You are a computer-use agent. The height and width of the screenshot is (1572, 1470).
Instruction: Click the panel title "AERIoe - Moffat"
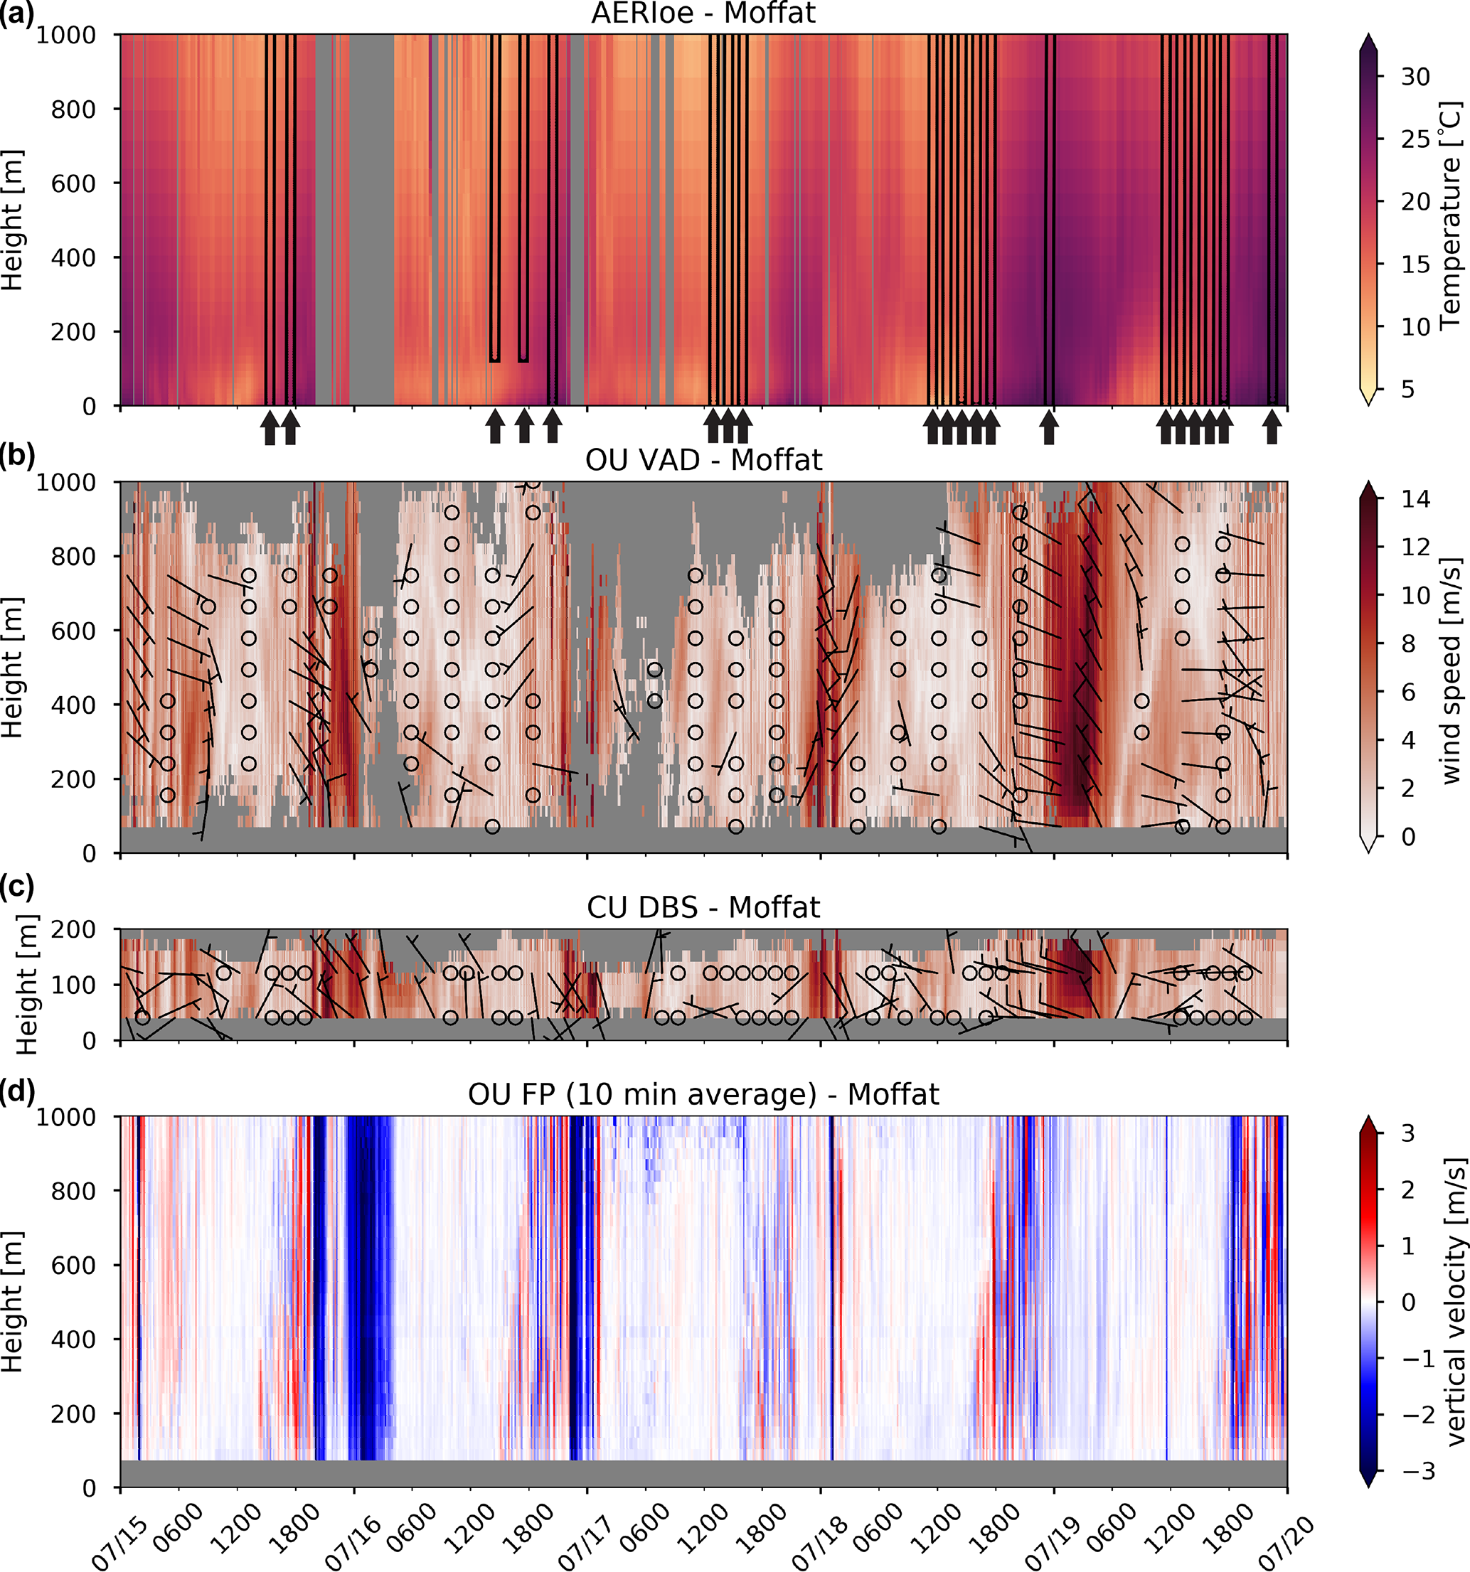pyautogui.click(x=703, y=14)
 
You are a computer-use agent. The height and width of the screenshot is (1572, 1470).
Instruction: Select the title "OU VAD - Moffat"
pyautogui.click(x=703, y=459)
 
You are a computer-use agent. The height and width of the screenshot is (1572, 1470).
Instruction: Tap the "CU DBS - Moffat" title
pyautogui.click(x=703, y=907)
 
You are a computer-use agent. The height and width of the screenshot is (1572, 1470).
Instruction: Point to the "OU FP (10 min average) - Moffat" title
pyautogui.click(x=703, y=1094)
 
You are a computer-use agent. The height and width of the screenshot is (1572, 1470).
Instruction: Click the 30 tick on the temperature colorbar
pyautogui.click(x=1415, y=77)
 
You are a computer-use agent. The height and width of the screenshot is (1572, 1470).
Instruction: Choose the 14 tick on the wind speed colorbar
pyautogui.click(x=1415, y=499)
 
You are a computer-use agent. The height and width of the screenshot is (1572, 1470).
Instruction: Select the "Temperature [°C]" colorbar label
pyautogui.click(x=1450, y=215)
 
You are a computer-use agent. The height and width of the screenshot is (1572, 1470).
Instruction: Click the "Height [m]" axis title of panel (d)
pyautogui.click(x=12, y=1302)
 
